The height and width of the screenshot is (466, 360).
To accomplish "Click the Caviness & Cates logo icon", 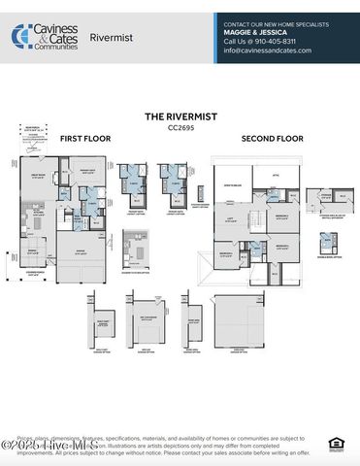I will pyautogui.click(x=20, y=36).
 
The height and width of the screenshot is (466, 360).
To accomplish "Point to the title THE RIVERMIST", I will pyautogui.click(x=179, y=116).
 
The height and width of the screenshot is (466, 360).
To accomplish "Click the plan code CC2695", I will pyautogui.click(x=179, y=126).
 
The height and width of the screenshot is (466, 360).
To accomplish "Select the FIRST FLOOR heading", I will pyautogui.click(x=85, y=139).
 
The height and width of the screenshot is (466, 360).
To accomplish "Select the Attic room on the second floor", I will pyautogui.click(x=275, y=175).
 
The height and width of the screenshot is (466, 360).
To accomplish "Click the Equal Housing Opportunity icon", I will pyautogui.click(x=335, y=444).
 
